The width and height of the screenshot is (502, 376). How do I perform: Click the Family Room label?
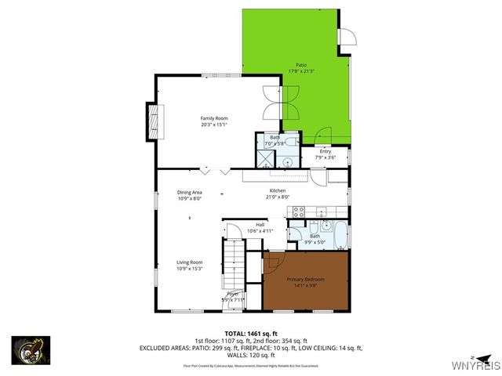213,117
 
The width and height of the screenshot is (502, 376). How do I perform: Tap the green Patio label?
301,65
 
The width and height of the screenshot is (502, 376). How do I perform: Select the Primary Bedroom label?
305,280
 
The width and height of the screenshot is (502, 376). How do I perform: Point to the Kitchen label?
278,190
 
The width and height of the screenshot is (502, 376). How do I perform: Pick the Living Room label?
190,262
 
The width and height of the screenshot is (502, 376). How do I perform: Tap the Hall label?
259,225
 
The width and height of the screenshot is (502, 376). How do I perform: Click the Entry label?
325,151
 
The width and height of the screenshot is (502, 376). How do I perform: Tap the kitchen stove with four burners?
297,211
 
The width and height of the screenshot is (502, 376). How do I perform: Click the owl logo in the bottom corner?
31,349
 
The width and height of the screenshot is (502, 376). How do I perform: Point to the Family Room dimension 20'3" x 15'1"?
213,124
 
